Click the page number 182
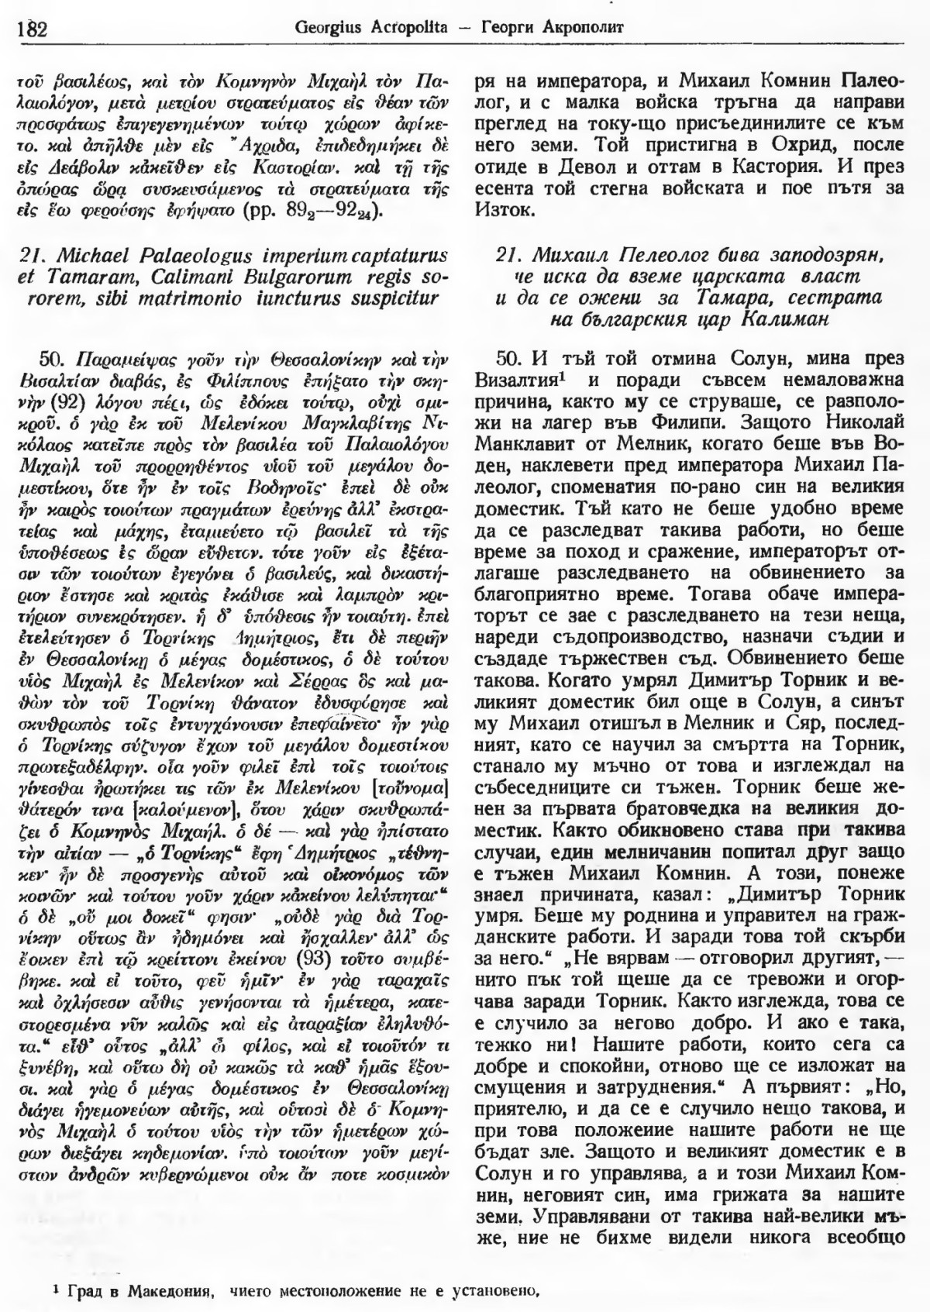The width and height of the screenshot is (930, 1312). (31, 29)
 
